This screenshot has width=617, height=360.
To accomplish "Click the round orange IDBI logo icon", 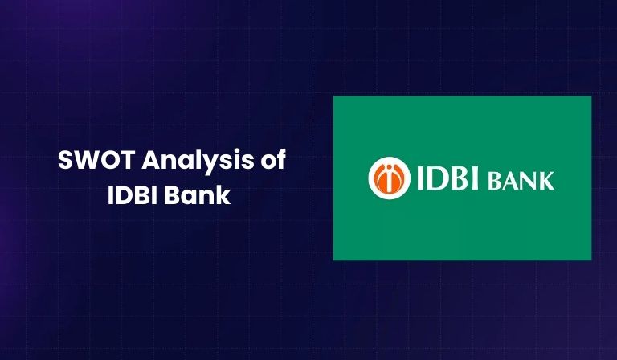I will pyautogui.click(x=386, y=178).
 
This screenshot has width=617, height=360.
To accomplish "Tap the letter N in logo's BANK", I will pyautogui.click(x=531, y=180).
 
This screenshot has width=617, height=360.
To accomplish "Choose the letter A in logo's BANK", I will pyautogui.click(x=516, y=180).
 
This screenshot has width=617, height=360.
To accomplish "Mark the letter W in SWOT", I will pyautogui.click(x=84, y=162).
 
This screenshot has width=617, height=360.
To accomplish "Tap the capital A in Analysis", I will pyautogui.click(x=137, y=162).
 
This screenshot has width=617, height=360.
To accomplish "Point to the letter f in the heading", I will pyautogui.click(x=281, y=162).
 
